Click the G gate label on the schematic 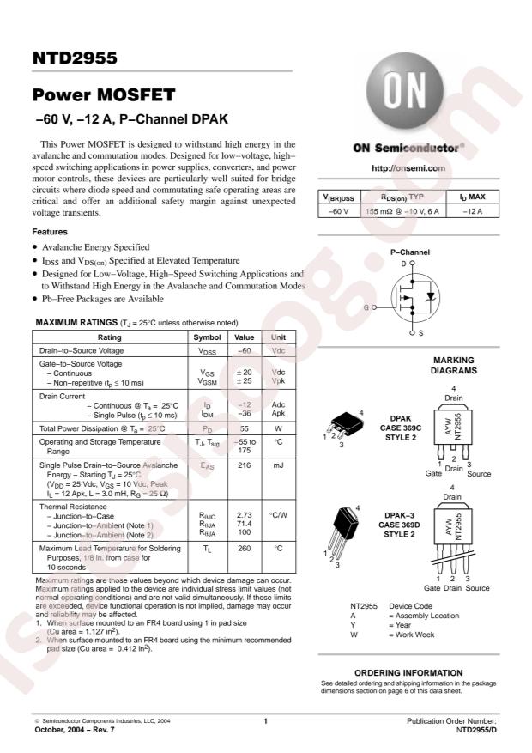[x=366, y=307]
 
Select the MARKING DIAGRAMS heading [x=453, y=366]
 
